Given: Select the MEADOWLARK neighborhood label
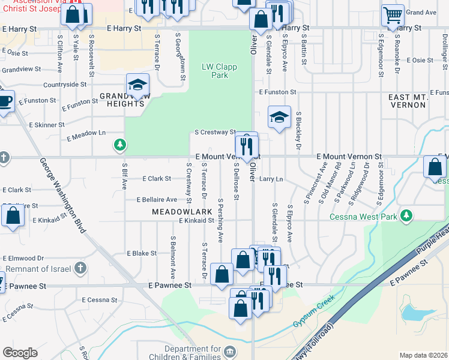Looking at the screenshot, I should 182,212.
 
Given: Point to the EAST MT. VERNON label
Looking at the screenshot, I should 407,101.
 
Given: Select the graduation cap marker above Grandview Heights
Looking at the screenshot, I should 137,85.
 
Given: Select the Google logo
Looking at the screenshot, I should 20,353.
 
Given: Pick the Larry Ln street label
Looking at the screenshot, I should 271,179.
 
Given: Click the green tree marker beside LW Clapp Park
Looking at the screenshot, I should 121,145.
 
